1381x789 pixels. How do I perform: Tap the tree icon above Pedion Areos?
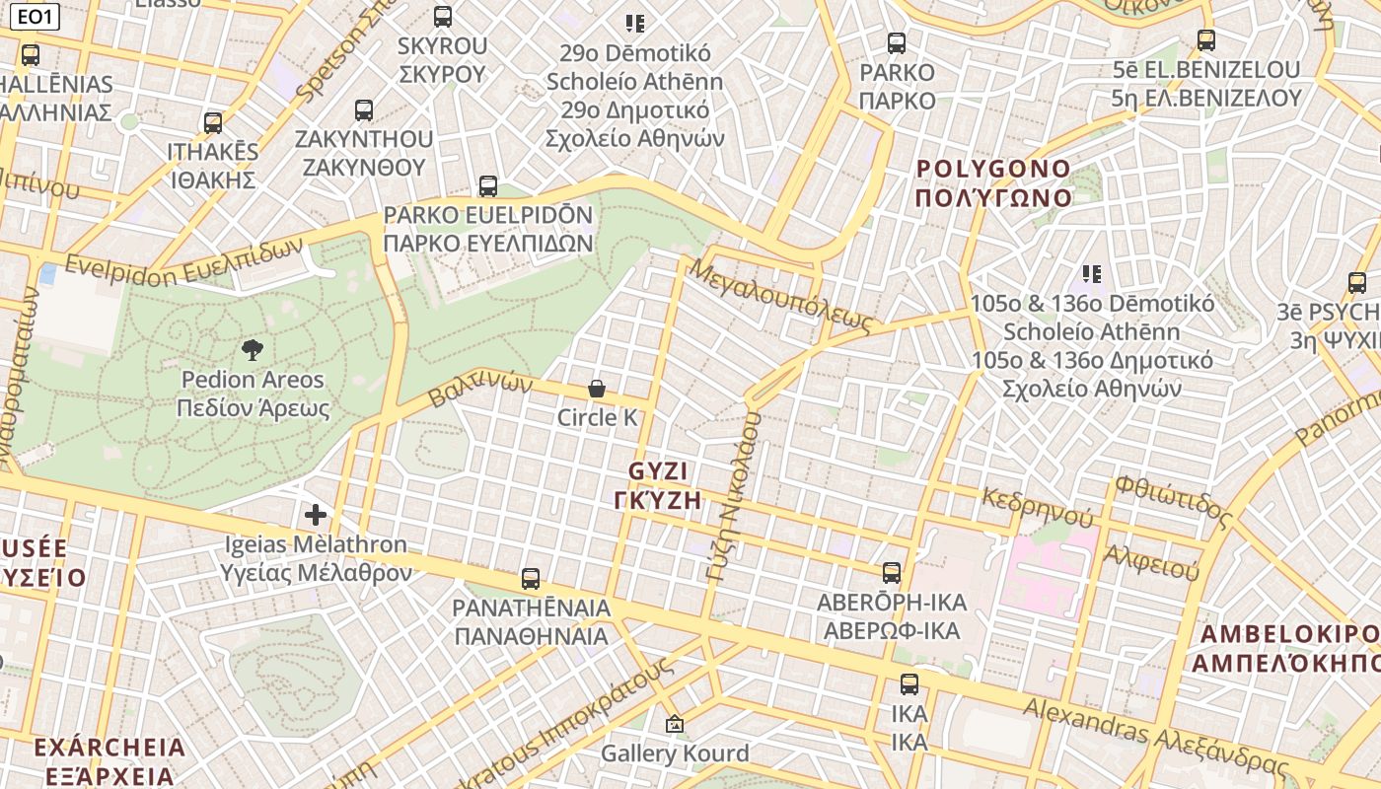click(x=253, y=349)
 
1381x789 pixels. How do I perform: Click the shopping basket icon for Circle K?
click(x=597, y=389)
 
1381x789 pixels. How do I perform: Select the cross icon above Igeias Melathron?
click(x=316, y=514)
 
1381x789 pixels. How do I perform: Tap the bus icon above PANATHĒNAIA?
click(x=531, y=578)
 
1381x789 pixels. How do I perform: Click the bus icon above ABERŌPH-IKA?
click(x=892, y=572)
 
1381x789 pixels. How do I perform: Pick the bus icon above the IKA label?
click(x=909, y=683)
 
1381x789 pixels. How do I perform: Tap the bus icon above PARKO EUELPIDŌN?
click(x=488, y=185)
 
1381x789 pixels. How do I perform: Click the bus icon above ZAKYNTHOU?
click(x=364, y=109)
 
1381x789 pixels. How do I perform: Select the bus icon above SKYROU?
click(x=443, y=16)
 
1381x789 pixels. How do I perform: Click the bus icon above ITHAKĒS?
click(x=213, y=123)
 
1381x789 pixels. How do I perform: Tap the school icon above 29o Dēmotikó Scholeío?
click(x=634, y=23)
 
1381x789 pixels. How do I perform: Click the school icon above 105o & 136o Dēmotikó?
click(x=1091, y=273)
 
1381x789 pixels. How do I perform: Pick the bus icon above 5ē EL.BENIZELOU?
click(x=1206, y=40)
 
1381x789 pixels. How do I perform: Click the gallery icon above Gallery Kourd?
click(x=675, y=725)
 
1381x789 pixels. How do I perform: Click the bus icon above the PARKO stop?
click(x=897, y=42)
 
